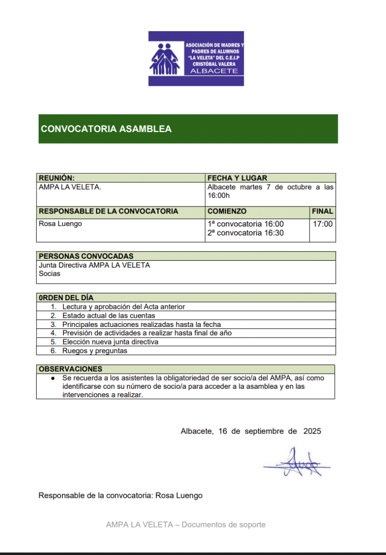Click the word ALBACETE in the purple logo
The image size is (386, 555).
214,71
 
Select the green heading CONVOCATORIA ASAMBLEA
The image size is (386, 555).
106,129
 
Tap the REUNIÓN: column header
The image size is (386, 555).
57,178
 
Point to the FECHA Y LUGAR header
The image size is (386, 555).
237,178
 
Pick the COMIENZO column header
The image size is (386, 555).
227,211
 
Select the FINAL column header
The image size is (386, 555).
322,211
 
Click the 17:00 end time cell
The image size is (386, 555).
323,224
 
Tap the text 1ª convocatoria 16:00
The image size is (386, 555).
245,224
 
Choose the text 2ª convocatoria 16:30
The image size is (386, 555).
245,233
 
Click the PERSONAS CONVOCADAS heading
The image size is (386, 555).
86,256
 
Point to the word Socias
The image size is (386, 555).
49,274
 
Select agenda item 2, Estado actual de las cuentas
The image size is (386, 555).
109,316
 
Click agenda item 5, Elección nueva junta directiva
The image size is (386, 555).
110,342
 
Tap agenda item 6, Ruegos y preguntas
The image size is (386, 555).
94,351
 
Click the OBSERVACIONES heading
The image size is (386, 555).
70,369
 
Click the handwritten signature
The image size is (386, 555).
297,463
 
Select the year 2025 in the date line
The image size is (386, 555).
312,431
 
